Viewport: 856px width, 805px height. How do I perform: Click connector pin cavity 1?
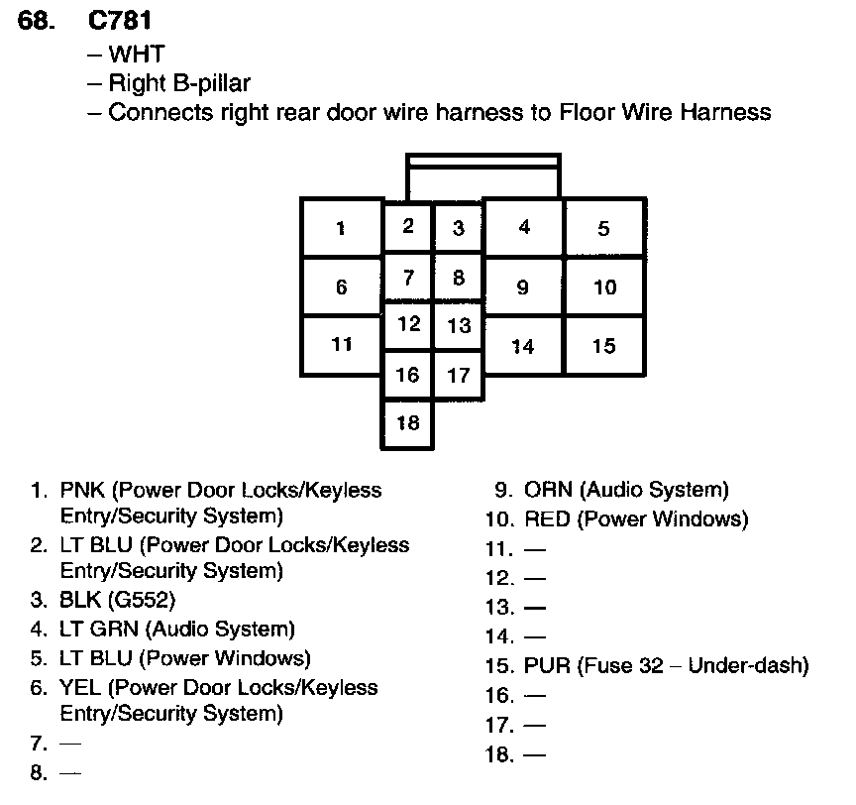341,228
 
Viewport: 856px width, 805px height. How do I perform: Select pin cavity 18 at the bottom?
407,423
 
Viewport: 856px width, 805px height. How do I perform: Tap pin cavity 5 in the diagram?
604,228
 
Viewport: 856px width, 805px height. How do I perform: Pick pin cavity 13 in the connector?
458,326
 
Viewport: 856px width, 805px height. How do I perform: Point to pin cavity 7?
407,279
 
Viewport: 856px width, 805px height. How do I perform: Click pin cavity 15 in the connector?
604,346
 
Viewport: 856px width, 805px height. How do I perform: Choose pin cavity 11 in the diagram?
341,345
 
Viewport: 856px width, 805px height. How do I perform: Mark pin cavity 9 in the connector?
523,287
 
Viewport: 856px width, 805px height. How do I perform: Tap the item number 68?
38,21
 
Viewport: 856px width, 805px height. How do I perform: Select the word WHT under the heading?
137,54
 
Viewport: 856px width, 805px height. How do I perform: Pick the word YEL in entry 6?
80,688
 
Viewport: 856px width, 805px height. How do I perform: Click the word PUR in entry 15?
547,665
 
